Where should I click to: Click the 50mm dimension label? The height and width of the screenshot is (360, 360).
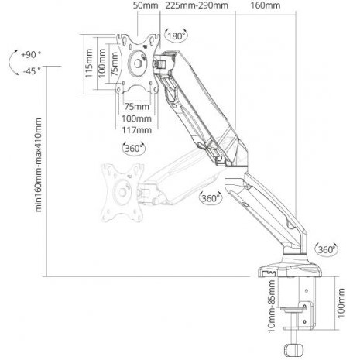pyautogui.click(x=146, y=5)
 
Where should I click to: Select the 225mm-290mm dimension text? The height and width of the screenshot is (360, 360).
pyautogui.click(x=197, y=5)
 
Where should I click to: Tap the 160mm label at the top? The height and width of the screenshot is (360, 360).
pyautogui.click(x=266, y=5)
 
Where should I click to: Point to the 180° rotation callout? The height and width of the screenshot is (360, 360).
pyautogui.click(x=176, y=36)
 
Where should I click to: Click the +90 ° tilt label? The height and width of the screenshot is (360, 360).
pyautogui.click(x=31, y=54)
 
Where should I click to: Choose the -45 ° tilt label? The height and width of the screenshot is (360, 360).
pyautogui.click(x=32, y=70)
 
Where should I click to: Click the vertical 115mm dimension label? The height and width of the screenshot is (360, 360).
pyautogui.click(x=89, y=63)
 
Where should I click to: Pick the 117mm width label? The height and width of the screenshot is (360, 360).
pyautogui.click(x=136, y=130)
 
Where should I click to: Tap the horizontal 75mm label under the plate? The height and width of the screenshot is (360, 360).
pyautogui.click(x=137, y=106)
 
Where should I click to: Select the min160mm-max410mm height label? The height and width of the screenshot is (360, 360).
pyautogui.click(x=38, y=165)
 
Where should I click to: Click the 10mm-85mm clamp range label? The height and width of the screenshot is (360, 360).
pyautogui.click(x=272, y=306)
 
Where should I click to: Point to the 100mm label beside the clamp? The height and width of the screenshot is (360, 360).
pyautogui.click(x=341, y=303)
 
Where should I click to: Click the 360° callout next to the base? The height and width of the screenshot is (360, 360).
pyautogui.click(x=327, y=249)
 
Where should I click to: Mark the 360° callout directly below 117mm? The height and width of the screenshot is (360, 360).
pyautogui.click(x=133, y=148)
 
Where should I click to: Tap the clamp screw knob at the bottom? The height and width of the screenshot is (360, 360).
pyautogui.click(x=294, y=349)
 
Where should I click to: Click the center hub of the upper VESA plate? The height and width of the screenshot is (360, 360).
pyautogui.click(x=138, y=63)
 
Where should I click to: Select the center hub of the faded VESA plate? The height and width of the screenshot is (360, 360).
pyautogui.click(x=122, y=192)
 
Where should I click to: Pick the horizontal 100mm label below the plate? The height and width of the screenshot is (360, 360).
pyautogui.click(x=136, y=118)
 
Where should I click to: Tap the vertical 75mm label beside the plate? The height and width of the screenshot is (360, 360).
pyautogui.click(x=114, y=63)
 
